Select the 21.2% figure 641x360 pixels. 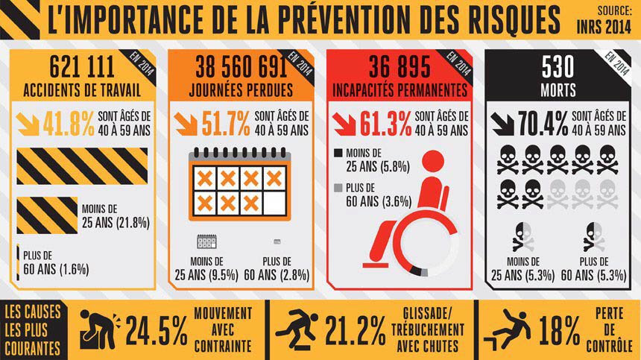357,329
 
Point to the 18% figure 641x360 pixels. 560,329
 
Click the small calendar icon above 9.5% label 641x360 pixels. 206,241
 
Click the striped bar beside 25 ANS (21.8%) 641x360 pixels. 46,215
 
